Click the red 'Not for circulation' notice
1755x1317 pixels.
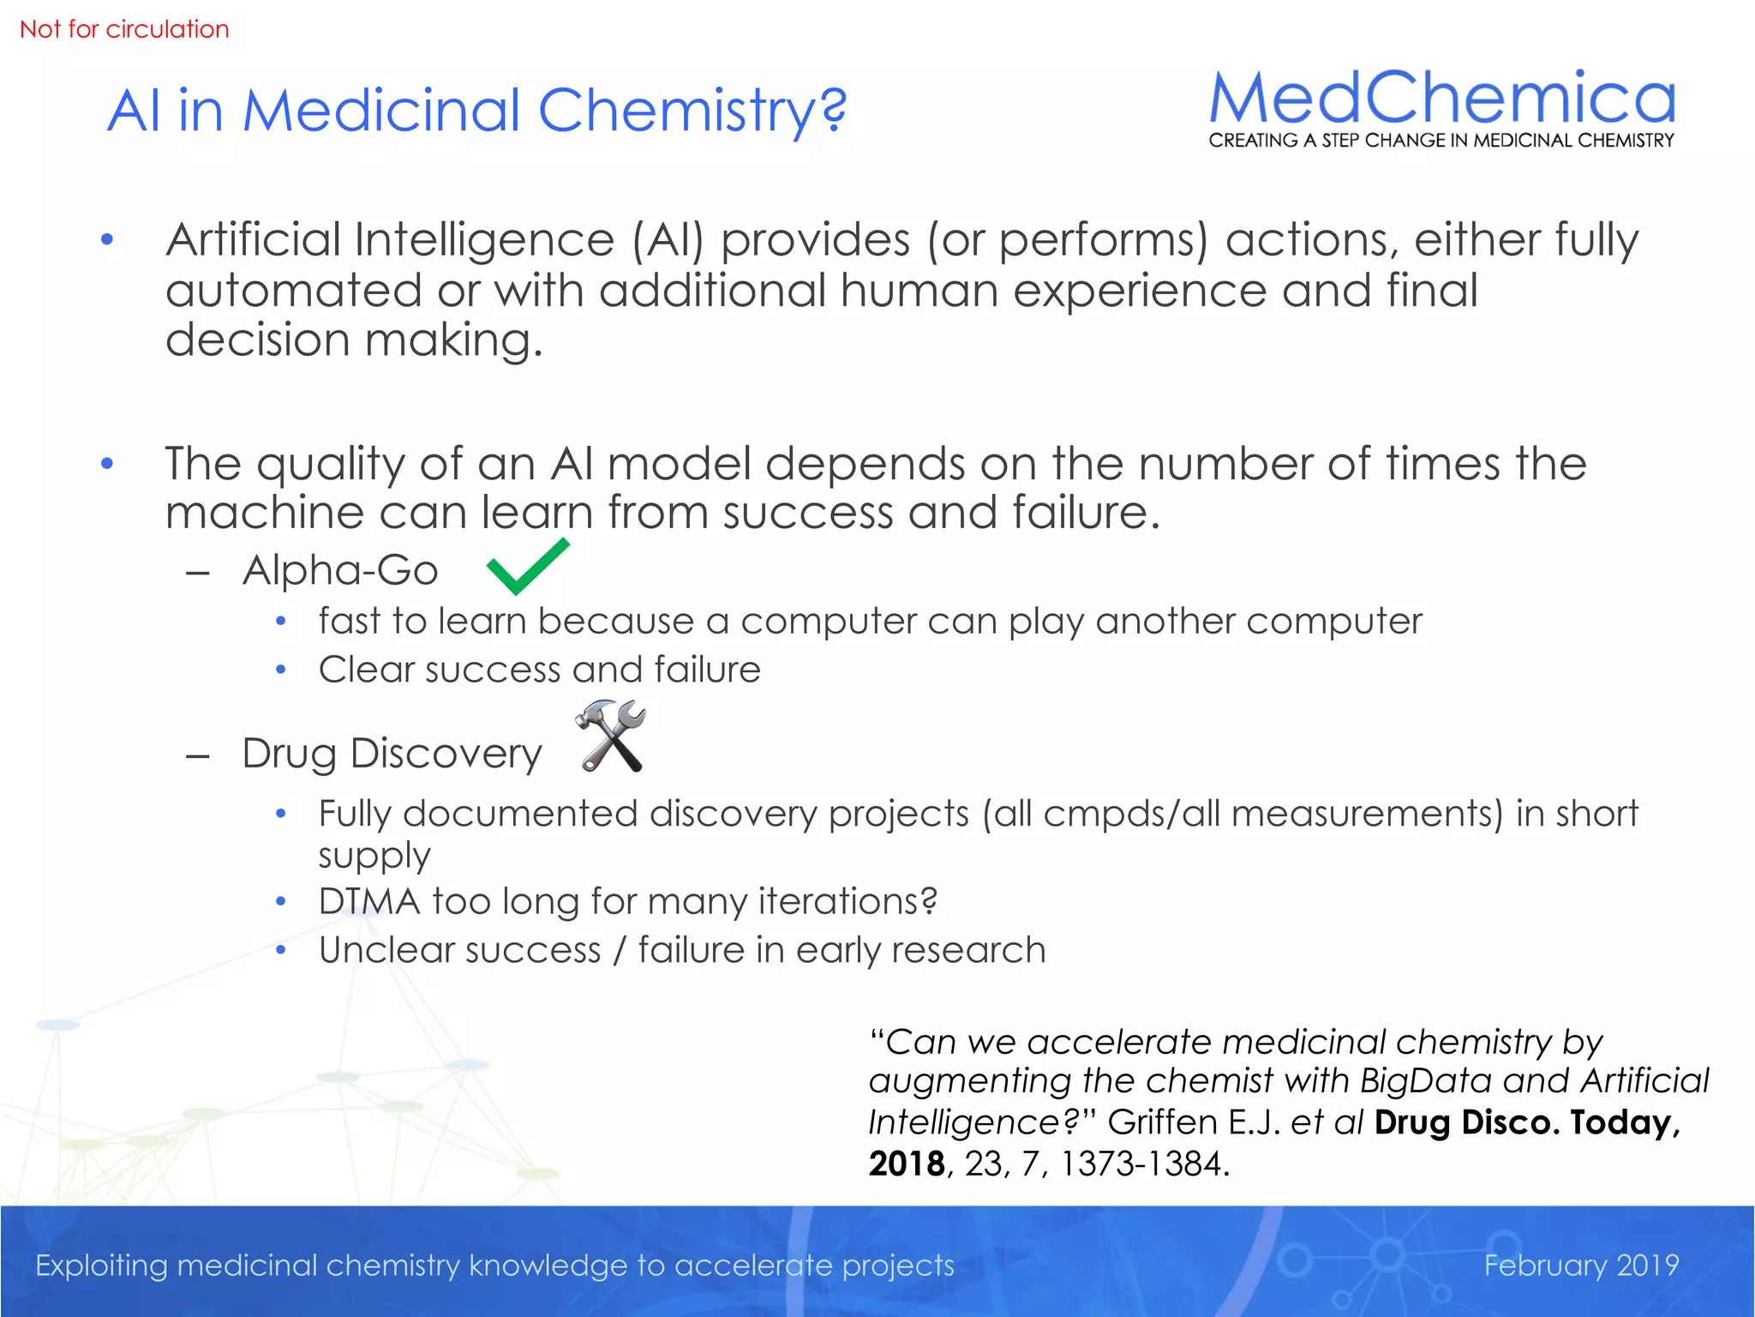point(124,29)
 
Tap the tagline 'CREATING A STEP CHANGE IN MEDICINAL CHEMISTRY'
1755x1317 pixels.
point(1441,141)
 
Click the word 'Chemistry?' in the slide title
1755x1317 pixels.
point(692,111)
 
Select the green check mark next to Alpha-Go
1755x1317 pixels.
point(527,567)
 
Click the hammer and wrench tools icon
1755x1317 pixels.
point(611,736)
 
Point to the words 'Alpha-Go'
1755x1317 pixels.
point(340,570)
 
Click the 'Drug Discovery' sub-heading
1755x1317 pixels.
point(392,754)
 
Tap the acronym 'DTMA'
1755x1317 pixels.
point(369,901)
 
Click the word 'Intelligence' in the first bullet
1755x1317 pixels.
point(483,239)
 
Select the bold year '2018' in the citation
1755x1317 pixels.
point(906,1164)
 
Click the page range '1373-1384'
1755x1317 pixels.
point(1144,1164)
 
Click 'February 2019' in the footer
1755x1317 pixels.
point(1581,1265)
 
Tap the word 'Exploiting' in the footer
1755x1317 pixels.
point(101,1266)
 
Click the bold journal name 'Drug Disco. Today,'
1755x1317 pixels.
point(1527,1122)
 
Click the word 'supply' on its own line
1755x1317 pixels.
point(374,856)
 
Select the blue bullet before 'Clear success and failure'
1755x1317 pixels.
point(280,670)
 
